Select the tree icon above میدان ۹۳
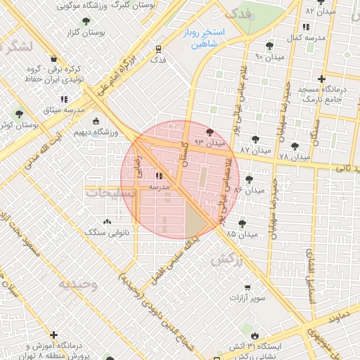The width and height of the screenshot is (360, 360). (x=209, y=131)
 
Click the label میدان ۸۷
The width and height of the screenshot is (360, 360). (x=255, y=150)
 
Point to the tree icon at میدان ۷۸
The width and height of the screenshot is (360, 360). (x=295, y=146)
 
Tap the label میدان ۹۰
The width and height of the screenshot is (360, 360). (x=269, y=56)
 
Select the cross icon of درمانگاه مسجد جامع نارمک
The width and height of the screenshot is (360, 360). (x=321, y=79)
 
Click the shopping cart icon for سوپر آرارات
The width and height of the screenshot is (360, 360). (x=247, y=287)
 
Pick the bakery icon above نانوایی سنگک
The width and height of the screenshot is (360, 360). (x=107, y=221)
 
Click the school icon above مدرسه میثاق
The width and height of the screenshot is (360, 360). (x=64, y=99)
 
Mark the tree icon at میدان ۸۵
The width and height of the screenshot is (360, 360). (x=242, y=223)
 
